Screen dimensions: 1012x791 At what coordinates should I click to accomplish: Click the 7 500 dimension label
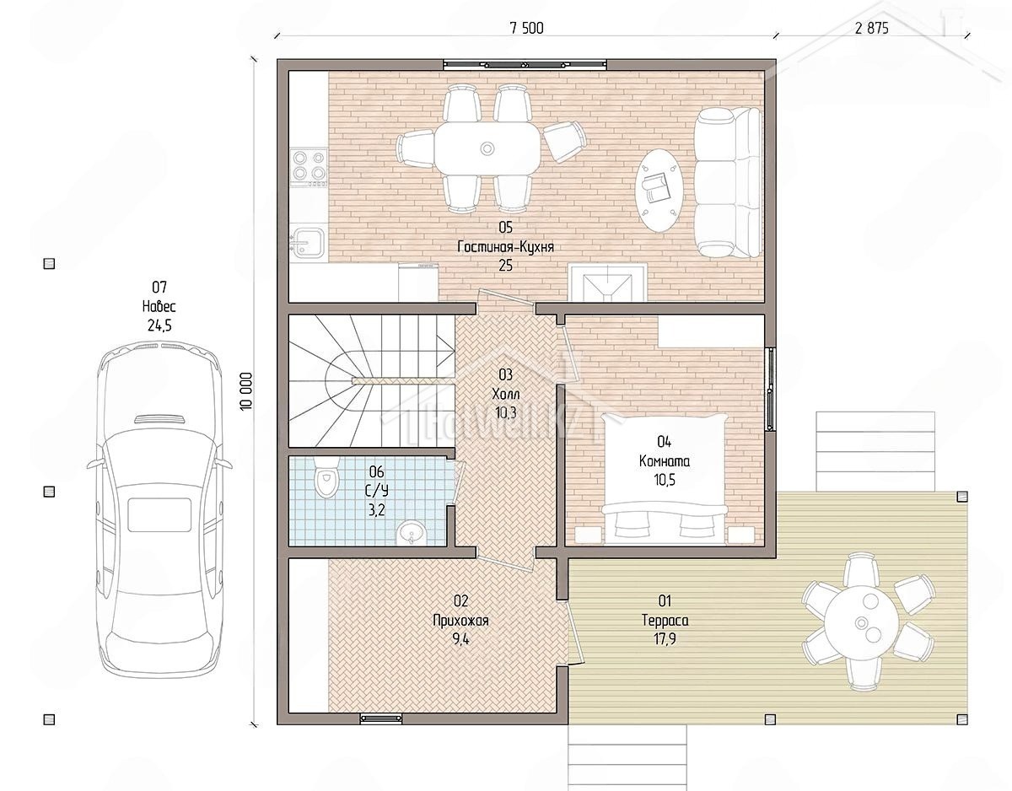tap(526, 29)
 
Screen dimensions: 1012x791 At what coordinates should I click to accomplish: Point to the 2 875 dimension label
tap(872, 29)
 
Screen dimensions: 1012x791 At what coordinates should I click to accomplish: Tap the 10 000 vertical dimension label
tap(246, 391)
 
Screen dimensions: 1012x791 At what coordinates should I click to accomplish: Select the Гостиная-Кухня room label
tap(505, 246)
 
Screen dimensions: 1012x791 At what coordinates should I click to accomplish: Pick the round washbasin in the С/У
tap(411, 534)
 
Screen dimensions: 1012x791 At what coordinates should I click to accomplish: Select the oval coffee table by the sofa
tap(660, 190)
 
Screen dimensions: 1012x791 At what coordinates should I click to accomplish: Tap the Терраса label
tap(665, 621)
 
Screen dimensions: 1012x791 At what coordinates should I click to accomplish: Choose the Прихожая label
tap(460, 621)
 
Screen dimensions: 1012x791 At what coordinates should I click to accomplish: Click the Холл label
tap(505, 395)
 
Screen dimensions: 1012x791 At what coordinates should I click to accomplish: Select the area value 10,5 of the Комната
tap(665, 480)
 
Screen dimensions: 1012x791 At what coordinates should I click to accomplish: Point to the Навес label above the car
tap(159, 306)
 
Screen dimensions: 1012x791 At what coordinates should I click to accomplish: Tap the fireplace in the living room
tap(607, 282)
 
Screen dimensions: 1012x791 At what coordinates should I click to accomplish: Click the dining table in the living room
tap(487, 148)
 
